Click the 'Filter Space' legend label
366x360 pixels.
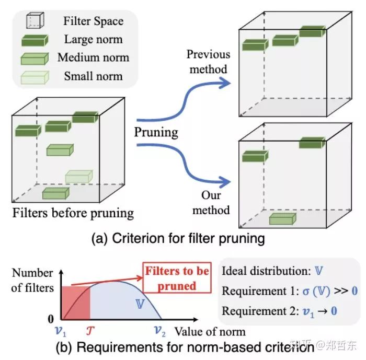point(93,21)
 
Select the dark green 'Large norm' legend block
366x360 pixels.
point(35,40)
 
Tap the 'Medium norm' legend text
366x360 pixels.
point(93,57)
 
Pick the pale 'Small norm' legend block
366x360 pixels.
point(35,77)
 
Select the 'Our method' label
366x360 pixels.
point(211,203)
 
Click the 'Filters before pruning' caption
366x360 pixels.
point(73,213)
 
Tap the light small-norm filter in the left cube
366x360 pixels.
point(78,177)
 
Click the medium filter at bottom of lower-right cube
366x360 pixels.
point(282,218)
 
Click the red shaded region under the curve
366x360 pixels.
point(76,301)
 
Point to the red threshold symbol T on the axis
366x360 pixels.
point(88,330)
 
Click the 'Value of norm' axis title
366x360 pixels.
point(210,331)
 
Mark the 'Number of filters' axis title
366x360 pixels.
point(32,280)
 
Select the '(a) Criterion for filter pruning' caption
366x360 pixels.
point(178,239)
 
